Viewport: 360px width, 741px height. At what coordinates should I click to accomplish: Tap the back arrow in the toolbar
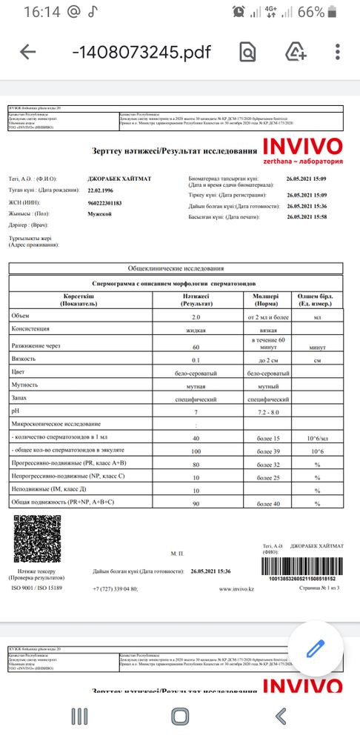pos(28,52)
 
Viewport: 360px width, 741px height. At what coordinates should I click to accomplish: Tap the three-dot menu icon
pos(338,52)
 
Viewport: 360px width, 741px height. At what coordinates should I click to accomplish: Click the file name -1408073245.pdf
pos(141,52)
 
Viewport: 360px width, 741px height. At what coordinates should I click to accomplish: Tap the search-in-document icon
pos(247,52)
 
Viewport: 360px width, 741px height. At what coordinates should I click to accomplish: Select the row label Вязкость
pos(26,357)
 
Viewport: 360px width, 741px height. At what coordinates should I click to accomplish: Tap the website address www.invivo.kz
pos(238,589)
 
